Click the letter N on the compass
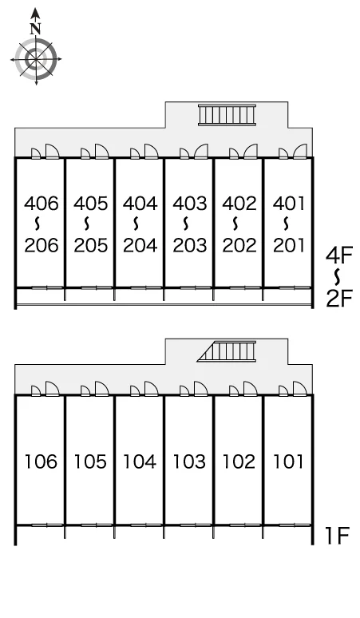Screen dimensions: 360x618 36,29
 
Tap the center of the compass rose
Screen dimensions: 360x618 36,60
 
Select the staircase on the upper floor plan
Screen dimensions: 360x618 227,115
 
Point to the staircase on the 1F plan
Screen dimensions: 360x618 227,351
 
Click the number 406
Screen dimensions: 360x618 42,204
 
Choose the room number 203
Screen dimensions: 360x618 190,246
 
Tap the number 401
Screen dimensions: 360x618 289,204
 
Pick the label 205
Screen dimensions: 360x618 90,246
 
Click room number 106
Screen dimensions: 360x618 41,462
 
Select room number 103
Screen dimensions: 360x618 189,462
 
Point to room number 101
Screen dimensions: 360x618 288,462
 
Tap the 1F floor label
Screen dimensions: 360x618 338,535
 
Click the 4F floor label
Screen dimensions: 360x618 338,256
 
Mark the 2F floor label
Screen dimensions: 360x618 338,299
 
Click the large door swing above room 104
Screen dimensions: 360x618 151,388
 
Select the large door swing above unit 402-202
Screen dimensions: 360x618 250,152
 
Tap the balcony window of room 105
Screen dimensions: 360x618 90,525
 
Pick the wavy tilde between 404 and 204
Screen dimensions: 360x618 136,224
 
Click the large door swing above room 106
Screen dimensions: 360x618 53,388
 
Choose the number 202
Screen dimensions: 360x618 239,246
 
